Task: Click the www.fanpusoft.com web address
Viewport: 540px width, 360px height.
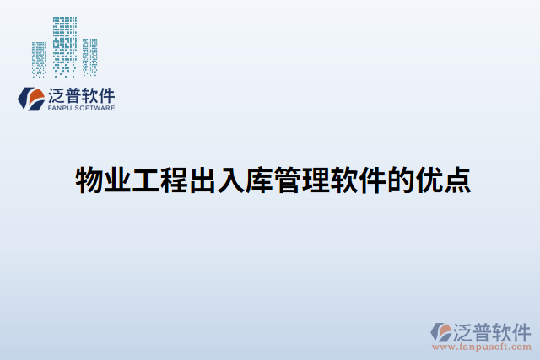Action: coord(481,347)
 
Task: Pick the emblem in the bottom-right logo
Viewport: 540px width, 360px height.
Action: coord(442,330)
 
